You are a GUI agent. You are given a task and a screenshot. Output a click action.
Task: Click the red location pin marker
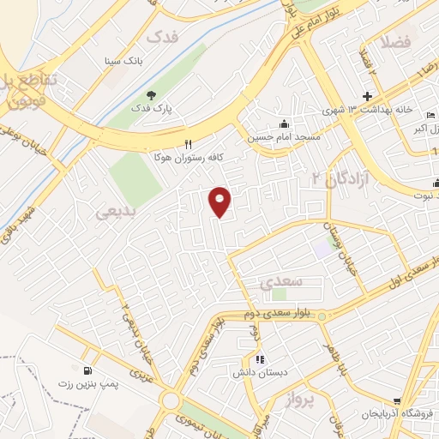220,201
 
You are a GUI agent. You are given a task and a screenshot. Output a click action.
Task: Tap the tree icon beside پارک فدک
152,95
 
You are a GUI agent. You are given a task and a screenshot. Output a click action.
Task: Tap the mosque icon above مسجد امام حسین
284,123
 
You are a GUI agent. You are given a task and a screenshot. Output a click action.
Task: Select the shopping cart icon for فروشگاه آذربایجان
397,401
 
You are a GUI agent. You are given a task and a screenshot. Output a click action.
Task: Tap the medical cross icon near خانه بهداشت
368,96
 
